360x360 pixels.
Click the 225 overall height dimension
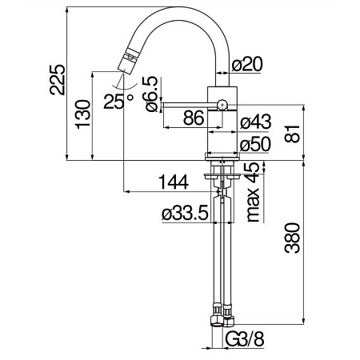pyautogui.click(x=58, y=79)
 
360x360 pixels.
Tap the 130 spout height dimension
pyautogui.click(x=82, y=114)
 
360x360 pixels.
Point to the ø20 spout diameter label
pyautogui.click(x=247, y=64)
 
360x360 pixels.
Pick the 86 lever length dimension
pyautogui.click(x=194, y=118)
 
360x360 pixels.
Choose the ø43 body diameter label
pyautogui.click(x=256, y=122)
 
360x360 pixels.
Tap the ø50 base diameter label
pyautogui.click(x=256, y=144)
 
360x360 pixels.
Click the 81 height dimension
pyautogui.click(x=292, y=134)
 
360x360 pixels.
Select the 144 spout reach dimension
pyautogui.click(x=174, y=182)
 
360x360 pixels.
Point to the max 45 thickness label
pyautogui.click(x=253, y=192)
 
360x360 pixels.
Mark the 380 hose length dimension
pyautogui.click(x=292, y=238)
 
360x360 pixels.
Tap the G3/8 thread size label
pyautogui.click(x=245, y=339)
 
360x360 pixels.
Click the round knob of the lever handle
pyautogui.click(x=222, y=105)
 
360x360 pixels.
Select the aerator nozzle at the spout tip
pyautogui.click(x=126, y=61)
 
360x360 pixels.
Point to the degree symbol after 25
pyautogui.click(x=130, y=98)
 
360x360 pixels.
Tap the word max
pyautogui.click(x=253, y=205)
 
